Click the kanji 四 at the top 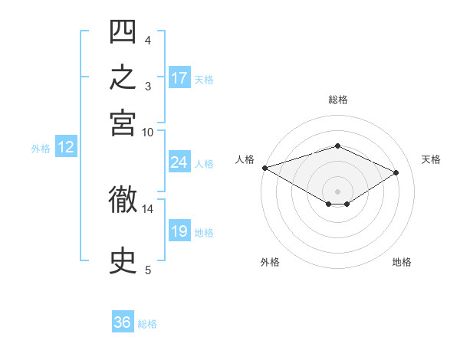tap(123, 31)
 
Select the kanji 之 tap(123, 77)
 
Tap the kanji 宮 tap(123, 123)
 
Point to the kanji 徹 tap(123, 199)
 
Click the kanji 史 tap(123, 260)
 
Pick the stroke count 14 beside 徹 tap(147, 209)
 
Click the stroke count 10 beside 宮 tap(147, 133)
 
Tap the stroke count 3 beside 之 tap(148, 87)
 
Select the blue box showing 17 tap(179, 77)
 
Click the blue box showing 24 tap(179, 162)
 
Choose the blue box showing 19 tap(179, 230)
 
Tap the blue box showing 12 tap(66, 146)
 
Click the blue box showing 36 tap(123, 321)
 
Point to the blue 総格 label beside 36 tap(147, 324)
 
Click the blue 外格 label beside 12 tap(41, 149)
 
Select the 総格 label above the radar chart tap(338, 100)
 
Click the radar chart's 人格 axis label tap(245, 159)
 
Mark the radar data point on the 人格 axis tap(265, 168)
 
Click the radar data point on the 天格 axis tap(396, 172)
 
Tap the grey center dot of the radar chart tap(337, 191)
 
